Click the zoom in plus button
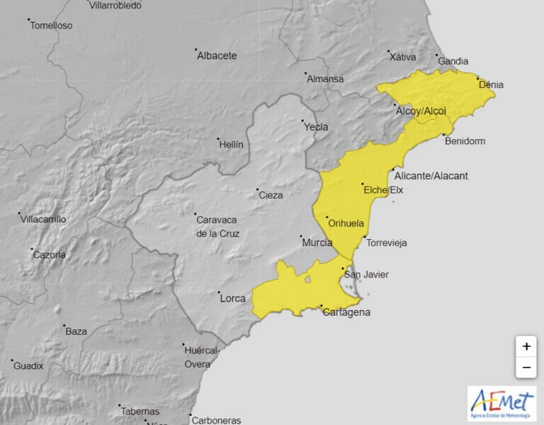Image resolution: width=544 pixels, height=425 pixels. [526, 346]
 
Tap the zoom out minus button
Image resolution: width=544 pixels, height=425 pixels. [526, 368]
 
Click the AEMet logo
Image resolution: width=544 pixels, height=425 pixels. [501, 404]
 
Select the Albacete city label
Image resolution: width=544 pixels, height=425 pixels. [217, 56]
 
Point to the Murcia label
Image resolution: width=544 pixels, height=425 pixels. [317, 243]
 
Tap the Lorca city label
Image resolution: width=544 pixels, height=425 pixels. [232, 298]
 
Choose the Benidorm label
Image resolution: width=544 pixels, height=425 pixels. [465, 141]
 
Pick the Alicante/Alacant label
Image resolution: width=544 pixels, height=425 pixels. [431, 176]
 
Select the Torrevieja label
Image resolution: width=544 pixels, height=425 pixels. [387, 243]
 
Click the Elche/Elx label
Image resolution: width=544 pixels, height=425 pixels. [383, 190]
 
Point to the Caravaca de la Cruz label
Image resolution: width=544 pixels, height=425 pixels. [217, 226]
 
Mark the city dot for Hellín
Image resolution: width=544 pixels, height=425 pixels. [219, 139]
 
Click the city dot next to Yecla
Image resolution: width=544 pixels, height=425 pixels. [302, 121]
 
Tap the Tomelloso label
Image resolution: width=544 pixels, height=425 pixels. [51, 26]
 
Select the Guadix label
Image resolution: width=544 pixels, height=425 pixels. [28, 366]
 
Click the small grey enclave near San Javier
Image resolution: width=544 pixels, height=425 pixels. [308, 278]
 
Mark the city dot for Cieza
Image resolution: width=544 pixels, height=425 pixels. [257, 190]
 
